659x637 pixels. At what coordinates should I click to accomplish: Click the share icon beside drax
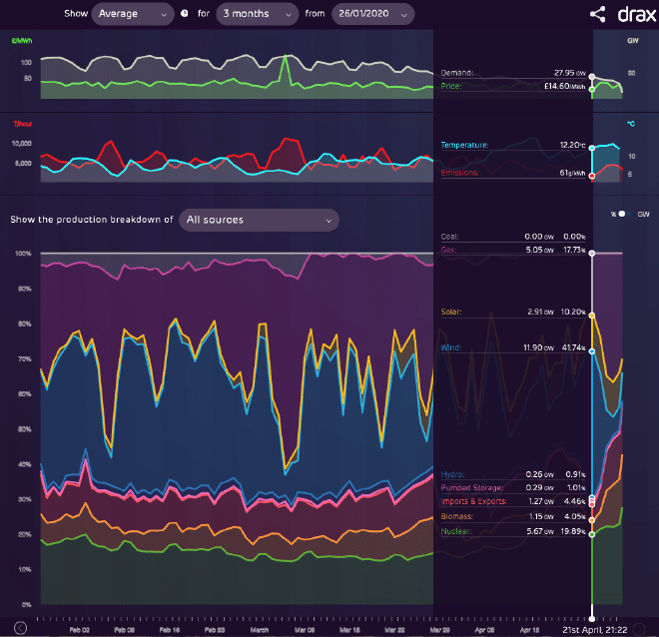pyautogui.click(x=597, y=14)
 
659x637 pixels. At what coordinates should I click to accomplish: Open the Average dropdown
pyautogui.click(x=131, y=14)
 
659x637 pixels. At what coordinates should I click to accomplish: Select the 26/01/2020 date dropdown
pyautogui.click(x=372, y=14)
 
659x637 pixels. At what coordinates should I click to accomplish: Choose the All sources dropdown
pyautogui.click(x=259, y=220)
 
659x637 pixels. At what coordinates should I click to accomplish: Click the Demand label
pyautogui.click(x=457, y=73)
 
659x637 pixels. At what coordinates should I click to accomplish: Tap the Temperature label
pyautogui.click(x=464, y=145)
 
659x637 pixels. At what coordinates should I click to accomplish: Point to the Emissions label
pyautogui.click(x=460, y=173)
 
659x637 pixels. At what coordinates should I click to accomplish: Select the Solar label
pyautogui.click(x=450, y=312)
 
